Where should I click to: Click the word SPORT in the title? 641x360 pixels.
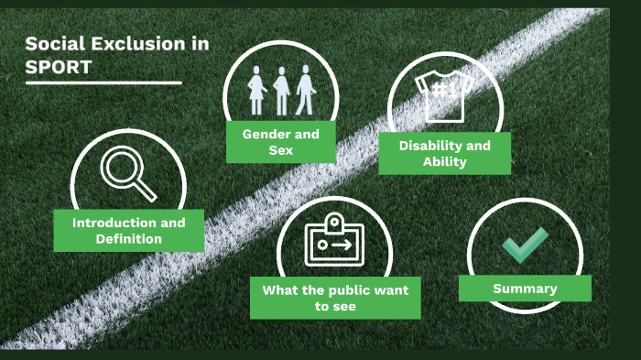pyautogui.click(x=58, y=66)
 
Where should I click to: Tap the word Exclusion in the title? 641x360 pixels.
pyautogui.click(x=117, y=43)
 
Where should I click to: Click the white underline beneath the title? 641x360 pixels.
pyautogui.click(x=103, y=83)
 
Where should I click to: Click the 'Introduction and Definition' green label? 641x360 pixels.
pyautogui.click(x=128, y=230)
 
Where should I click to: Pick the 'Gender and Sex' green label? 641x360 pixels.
pyautogui.click(x=280, y=141)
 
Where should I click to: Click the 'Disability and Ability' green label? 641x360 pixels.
pyautogui.click(x=444, y=153)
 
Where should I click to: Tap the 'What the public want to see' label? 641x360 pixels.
pyautogui.click(x=335, y=298)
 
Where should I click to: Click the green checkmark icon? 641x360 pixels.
pyautogui.click(x=525, y=245)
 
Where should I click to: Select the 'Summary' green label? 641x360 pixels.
pyautogui.click(x=525, y=289)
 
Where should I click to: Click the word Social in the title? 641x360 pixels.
pyautogui.click(x=51, y=43)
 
